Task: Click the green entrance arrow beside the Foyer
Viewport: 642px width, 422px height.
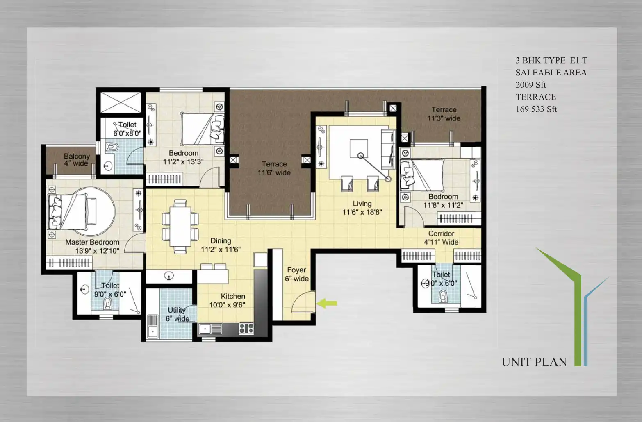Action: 327,303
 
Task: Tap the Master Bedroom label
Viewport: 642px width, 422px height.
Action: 92,242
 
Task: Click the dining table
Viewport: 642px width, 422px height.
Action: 180,227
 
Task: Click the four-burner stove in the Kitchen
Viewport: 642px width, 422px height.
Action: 246,328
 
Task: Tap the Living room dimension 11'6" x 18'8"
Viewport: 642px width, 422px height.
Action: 362,212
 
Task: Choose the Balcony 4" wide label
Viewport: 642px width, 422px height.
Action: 77,160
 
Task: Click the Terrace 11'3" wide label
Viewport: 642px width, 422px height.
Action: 444,114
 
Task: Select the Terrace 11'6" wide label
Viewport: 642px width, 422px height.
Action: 274,168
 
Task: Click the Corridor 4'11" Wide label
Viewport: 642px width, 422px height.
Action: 442,238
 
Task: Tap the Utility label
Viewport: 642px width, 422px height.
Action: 177,310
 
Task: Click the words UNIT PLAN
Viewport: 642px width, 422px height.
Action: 534,362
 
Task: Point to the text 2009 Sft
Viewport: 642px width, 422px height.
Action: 530,85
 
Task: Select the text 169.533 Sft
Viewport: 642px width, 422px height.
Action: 536,109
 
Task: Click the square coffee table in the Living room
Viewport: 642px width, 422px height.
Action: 359,148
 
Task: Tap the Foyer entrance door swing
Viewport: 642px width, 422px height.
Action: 303,302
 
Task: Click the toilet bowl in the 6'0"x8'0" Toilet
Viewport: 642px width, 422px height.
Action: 112,147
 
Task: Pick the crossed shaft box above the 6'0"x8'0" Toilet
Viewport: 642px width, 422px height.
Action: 121,102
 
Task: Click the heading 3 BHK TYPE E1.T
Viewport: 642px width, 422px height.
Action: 551,61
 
